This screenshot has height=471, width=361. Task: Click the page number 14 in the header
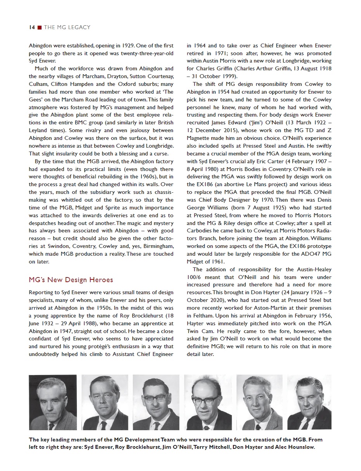(32, 27)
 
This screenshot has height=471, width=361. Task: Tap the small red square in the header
(40, 27)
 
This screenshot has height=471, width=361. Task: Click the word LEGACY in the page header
(78, 27)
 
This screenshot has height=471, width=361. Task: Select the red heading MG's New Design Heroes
(71, 280)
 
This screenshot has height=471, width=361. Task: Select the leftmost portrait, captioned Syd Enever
(53, 402)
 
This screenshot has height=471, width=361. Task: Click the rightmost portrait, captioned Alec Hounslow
(309, 402)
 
